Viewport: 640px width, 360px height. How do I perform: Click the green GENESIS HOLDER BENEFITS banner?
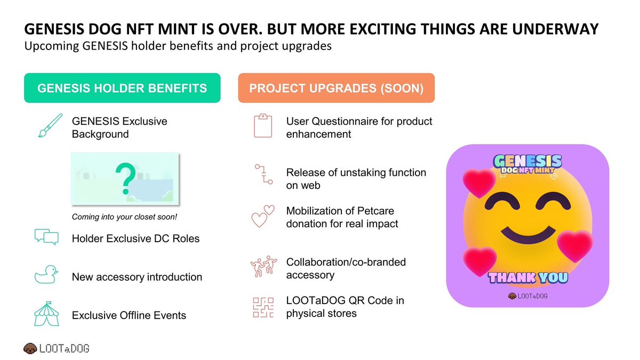[122, 88]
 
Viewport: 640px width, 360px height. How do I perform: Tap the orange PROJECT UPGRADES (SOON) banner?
[336, 88]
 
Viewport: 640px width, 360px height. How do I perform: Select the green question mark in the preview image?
[125, 178]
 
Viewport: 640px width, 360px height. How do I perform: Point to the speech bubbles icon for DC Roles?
[46, 237]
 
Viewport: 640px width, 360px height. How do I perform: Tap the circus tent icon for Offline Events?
[46, 314]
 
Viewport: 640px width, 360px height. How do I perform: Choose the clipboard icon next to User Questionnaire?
[262, 127]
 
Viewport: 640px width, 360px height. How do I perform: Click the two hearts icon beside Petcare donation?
[262, 217]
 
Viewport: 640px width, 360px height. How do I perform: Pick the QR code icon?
[262, 307]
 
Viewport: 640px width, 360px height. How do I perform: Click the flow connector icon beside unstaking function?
[262, 175]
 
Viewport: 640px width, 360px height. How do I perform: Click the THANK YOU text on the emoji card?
[528, 277]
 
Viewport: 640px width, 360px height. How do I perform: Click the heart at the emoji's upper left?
[478, 182]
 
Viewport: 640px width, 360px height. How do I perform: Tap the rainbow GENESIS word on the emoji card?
[528, 161]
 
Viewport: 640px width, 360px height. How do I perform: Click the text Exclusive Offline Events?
[129, 315]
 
